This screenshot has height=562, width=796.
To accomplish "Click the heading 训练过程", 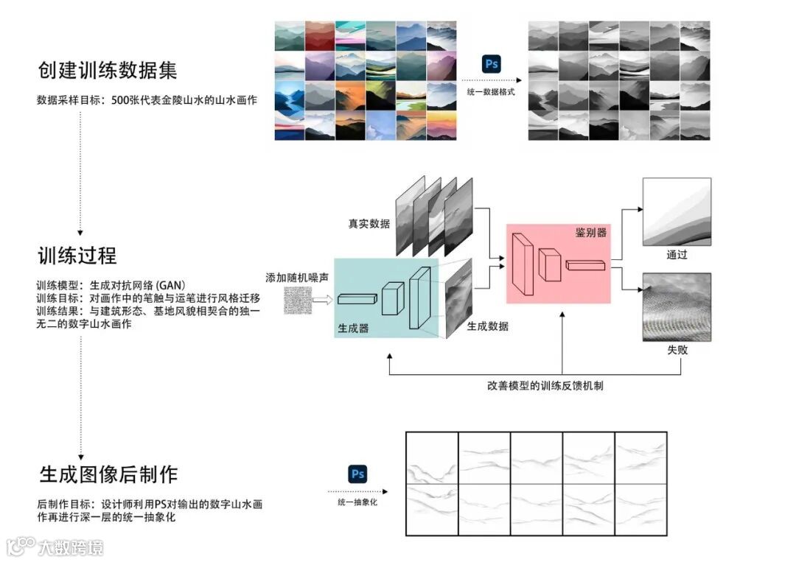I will [x=77, y=256].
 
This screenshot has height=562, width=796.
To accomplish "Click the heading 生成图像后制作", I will [x=108, y=473].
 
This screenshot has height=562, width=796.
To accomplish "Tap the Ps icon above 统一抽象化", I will [x=357, y=474].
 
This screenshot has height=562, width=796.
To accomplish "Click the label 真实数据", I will [x=369, y=223].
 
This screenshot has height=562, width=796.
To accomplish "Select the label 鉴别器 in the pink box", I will [x=591, y=232].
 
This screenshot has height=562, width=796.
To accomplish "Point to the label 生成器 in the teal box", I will [x=354, y=329].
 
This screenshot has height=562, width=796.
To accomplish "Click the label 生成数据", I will [x=487, y=326].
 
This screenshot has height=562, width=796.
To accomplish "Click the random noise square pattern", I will [x=297, y=301].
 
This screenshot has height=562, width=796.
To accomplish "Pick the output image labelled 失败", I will [x=677, y=306].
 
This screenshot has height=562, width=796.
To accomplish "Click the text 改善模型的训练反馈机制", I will [x=545, y=384].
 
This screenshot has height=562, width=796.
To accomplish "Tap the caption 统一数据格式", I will [x=490, y=91].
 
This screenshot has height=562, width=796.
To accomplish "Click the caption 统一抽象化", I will [x=357, y=503].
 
